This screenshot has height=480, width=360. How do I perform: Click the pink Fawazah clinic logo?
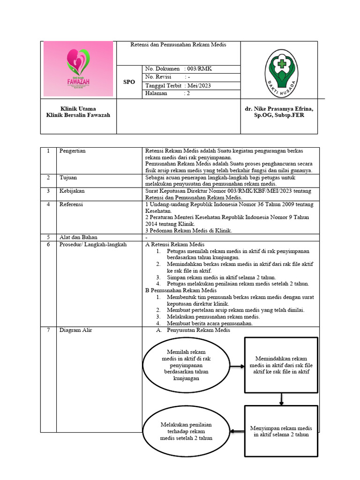tap(78, 69)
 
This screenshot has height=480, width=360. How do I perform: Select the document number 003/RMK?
tap(199, 69)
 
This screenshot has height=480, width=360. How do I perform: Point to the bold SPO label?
tap(129, 82)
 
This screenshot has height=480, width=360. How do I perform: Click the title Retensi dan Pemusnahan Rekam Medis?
tap(178, 45)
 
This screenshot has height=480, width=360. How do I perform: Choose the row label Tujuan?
tap(68, 178)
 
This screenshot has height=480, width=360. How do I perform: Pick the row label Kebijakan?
tap(72, 191)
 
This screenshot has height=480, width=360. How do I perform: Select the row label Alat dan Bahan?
tap(78, 237)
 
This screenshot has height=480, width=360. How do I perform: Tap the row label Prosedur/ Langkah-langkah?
tap(93, 244)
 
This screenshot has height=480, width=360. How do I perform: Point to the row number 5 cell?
tap(48, 237)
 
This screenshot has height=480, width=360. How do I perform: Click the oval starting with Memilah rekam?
tap(186, 365)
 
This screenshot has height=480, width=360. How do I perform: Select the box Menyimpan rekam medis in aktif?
tap(281, 431)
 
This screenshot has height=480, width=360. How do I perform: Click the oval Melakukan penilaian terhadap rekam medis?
tap(186, 431)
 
